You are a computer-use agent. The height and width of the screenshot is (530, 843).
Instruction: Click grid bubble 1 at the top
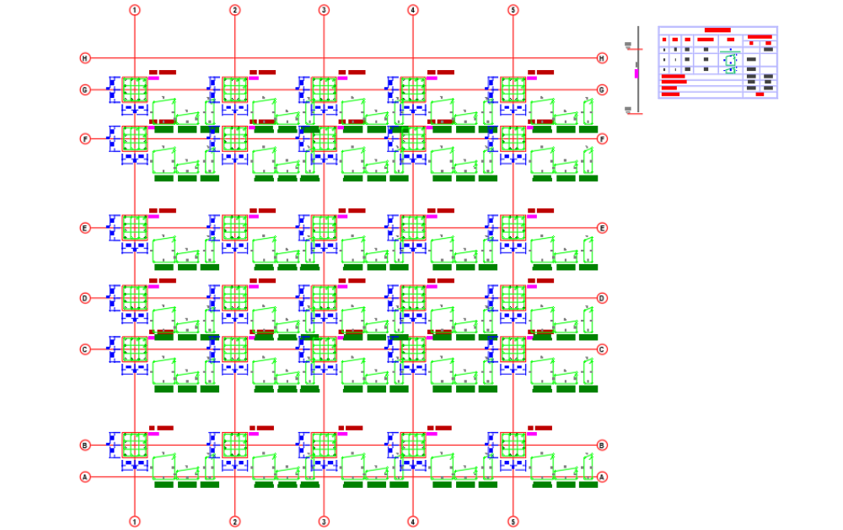[134, 10]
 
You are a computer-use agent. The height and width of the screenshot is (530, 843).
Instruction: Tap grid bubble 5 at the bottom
[513, 521]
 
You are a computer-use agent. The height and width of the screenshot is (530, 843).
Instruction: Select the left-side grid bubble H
[84, 58]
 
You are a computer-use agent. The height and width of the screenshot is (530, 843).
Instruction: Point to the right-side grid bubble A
[602, 477]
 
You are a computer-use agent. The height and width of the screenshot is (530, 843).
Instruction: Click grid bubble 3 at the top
[324, 10]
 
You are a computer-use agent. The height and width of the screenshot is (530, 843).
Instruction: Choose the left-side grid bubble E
[84, 228]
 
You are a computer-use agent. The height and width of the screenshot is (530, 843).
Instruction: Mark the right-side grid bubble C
[602, 349]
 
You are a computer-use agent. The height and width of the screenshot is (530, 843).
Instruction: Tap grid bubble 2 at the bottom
[234, 521]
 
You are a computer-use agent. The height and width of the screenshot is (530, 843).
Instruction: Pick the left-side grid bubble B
[84, 445]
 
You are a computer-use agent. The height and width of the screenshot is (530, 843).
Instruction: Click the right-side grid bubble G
[602, 89]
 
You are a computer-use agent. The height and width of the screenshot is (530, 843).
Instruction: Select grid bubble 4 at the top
[412, 10]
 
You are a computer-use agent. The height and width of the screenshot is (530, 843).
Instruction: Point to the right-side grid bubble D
[602, 298]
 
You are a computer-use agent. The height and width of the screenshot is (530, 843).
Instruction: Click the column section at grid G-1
[134, 89]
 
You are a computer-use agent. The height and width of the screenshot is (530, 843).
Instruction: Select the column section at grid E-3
[324, 228]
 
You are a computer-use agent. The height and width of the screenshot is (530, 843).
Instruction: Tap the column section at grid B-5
[513, 445]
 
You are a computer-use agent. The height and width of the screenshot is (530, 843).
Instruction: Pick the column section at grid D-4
[412, 298]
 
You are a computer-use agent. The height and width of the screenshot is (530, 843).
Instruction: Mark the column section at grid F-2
[234, 138]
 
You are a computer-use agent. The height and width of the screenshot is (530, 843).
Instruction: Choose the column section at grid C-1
[134, 349]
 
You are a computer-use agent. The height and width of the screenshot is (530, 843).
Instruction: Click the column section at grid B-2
[234, 445]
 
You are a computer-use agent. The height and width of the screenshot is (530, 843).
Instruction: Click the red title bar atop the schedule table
[717, 30]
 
